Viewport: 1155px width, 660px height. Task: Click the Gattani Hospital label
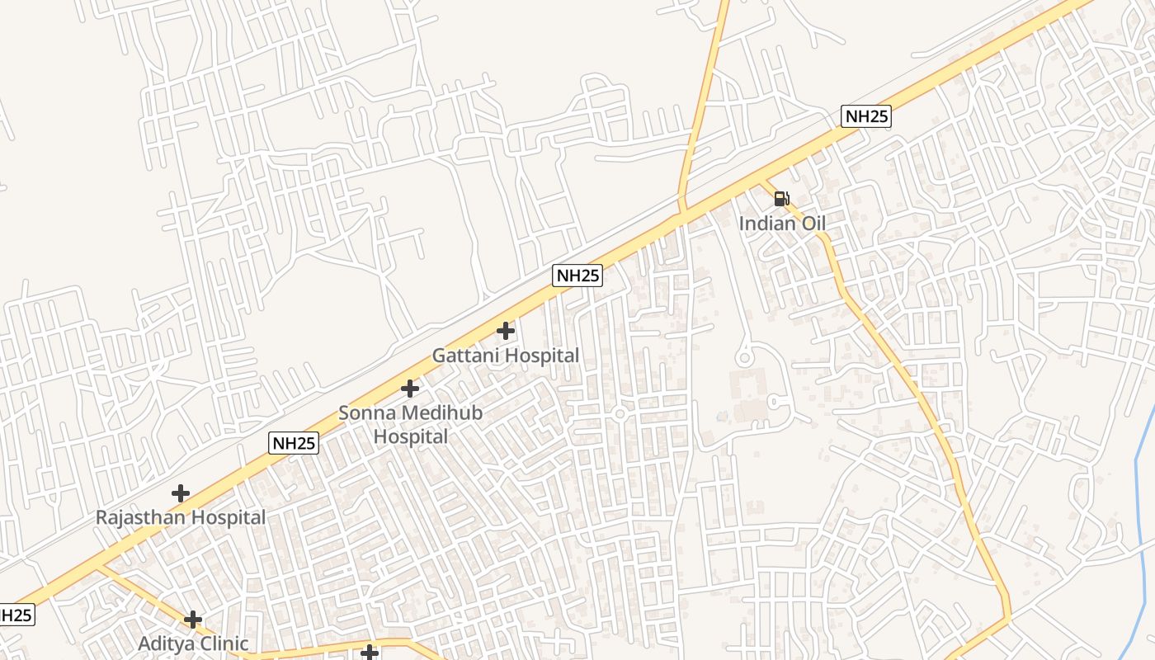point(506,356)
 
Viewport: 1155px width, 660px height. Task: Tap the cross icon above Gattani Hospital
point(506,332)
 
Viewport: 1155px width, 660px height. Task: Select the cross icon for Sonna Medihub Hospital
point(410,389)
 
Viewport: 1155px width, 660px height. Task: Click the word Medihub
point(444,413)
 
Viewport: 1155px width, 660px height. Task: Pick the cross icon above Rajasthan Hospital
point(181,494)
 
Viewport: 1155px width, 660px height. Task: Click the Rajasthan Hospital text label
point(181,518)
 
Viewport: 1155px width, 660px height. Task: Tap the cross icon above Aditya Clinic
point(193,620)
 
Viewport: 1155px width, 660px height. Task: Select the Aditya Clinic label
point(193,643)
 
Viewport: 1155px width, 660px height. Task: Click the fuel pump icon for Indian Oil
point(781,199)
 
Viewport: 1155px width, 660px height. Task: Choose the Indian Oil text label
point(781,224)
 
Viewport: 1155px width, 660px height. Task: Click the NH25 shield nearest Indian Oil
point(865,116)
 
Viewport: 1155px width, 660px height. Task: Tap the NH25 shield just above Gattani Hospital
point(577,276)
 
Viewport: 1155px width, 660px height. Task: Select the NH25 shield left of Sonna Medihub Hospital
point(294,443)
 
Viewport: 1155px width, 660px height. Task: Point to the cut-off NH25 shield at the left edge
point(16,615)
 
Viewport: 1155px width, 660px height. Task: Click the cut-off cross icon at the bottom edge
point(370,653)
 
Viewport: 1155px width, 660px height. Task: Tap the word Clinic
point(221,643)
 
